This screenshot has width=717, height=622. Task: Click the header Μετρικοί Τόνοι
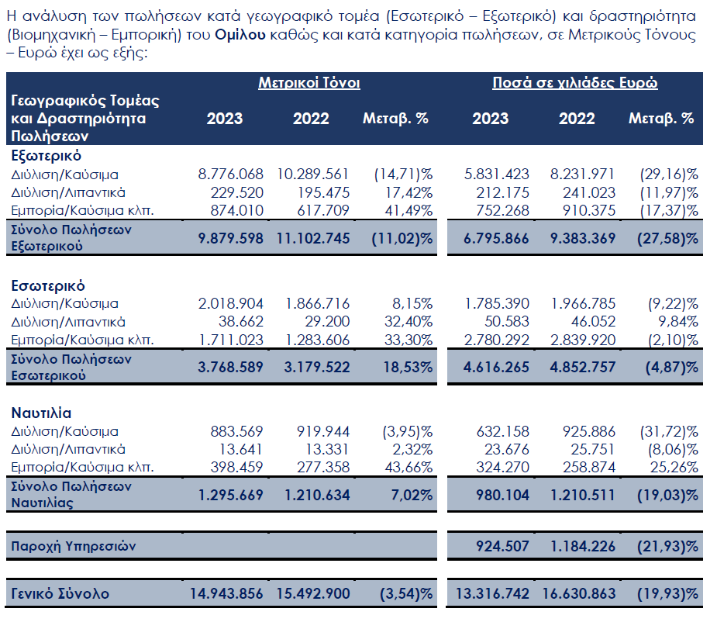[309, 83]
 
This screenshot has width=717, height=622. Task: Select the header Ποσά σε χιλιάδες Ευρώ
[575, 83]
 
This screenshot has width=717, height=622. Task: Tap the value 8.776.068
[231, 174]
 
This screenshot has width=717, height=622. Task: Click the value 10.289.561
[313, 174]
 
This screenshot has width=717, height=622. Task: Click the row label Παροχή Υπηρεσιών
[73, 546]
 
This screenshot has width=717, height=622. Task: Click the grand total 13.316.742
[493, 594]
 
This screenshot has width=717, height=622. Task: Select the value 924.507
[502, 546]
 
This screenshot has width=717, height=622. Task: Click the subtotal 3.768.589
[231, 367]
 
